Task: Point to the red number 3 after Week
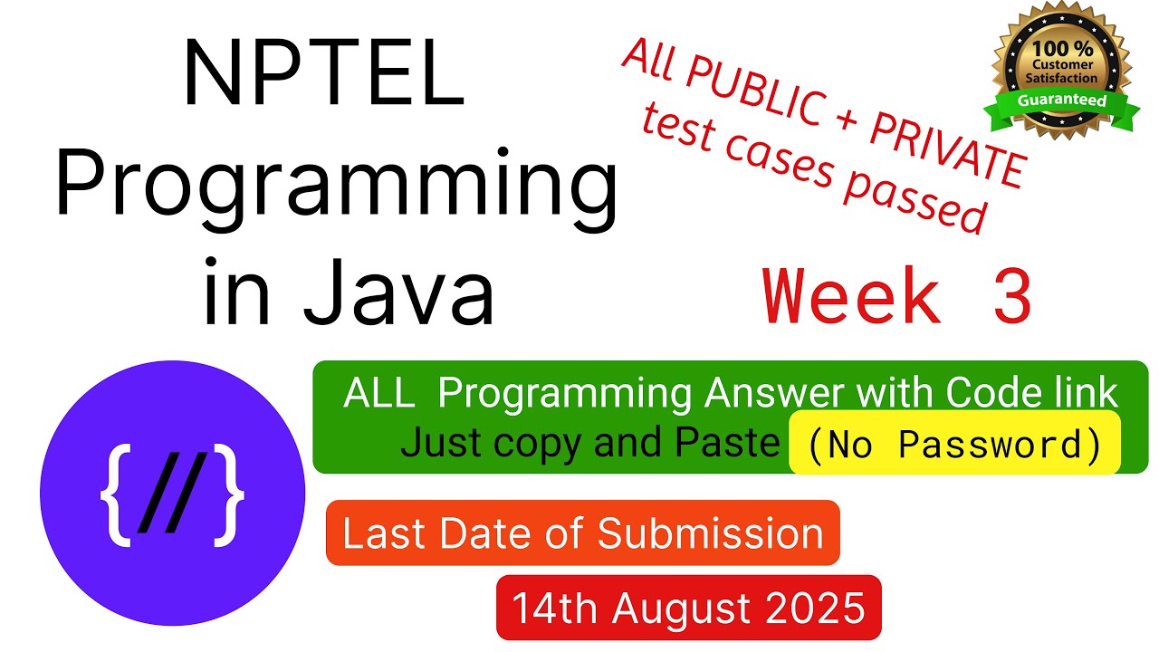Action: point(1011,297)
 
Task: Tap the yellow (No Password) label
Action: point(954,444)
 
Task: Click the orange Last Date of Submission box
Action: point(582,533)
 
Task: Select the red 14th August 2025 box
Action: point(688,608)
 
